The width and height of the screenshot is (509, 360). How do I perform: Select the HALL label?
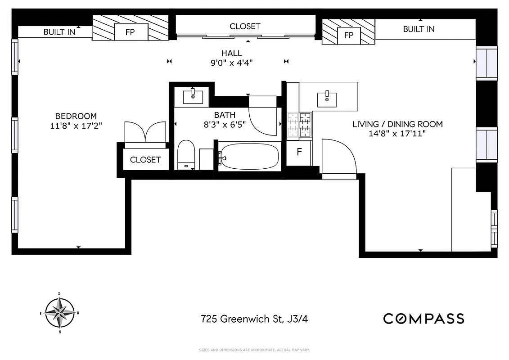pos(232,53)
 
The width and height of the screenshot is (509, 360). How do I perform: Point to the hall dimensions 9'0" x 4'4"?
pos(232,63)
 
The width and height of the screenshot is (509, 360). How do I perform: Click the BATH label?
pos(225,115)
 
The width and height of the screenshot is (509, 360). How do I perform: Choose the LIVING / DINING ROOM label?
pos(397,124)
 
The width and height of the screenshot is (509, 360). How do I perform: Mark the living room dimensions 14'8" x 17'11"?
pos(397,134)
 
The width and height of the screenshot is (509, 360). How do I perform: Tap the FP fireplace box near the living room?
pos(349,35)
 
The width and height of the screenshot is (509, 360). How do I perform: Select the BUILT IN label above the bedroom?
pos(59,32)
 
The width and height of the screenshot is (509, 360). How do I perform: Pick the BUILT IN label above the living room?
pos(419,29)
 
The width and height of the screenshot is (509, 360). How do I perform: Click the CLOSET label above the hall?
pos(245,27)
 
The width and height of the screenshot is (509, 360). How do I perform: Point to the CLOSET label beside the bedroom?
pos(145,160)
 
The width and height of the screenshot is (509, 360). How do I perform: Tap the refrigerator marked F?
pos(299,152)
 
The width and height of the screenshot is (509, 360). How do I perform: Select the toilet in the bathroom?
pos(185,154)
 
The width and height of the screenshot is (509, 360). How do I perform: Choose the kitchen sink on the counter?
pos(327,99)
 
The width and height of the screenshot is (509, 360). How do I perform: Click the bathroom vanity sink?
pos(193,96)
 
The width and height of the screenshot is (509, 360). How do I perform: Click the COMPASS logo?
pos(423,319)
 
